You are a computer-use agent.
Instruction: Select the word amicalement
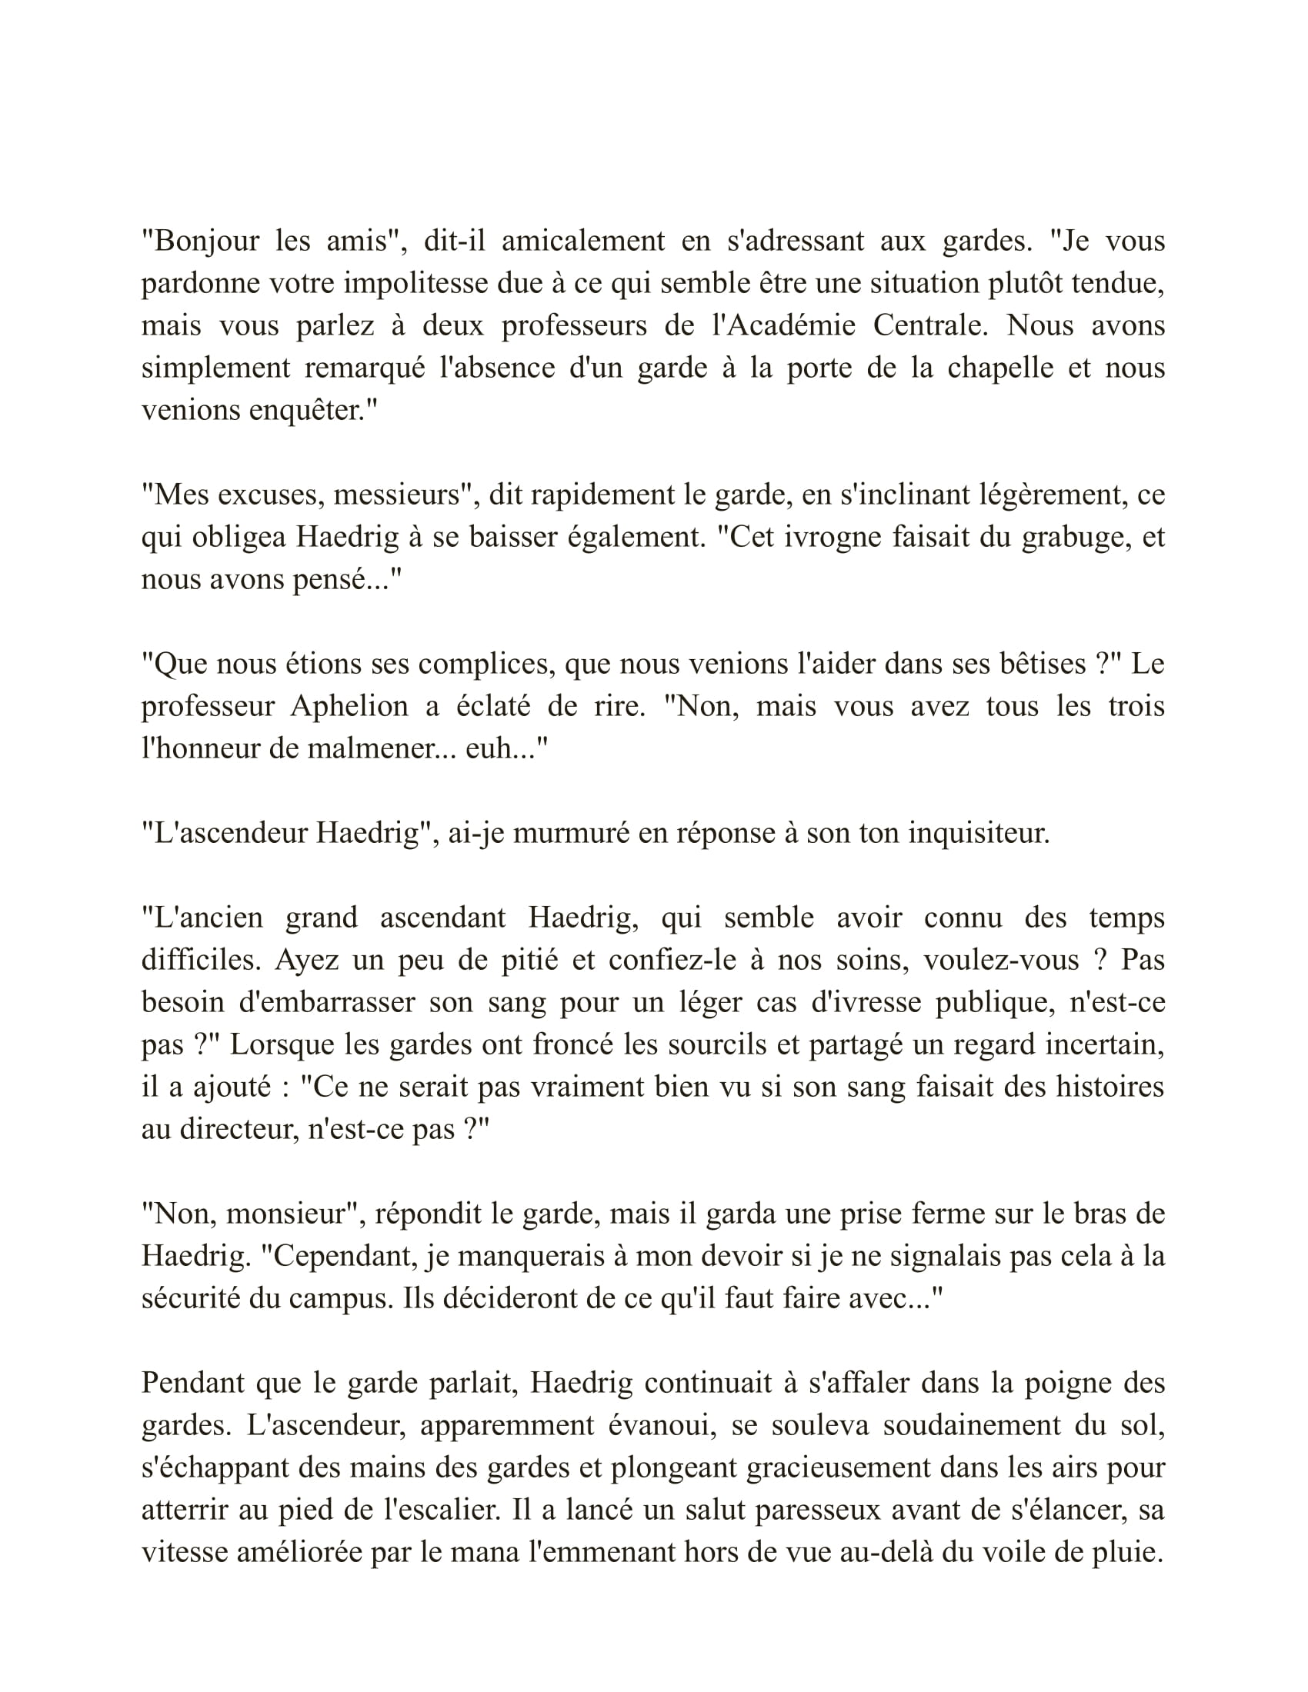pyautogui.click(x=582, y=241)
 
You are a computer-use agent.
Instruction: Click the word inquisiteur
pyautogui.click(x=979, y=833)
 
